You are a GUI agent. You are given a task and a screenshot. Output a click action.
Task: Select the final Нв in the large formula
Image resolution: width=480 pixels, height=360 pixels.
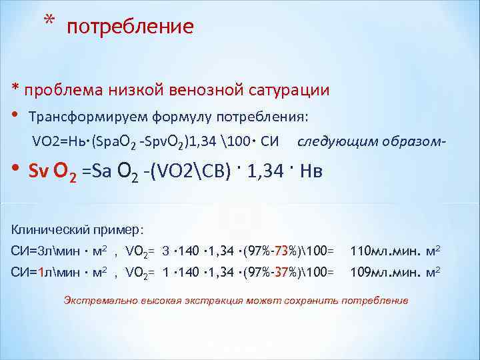pyautogui.click(x=312, y=171)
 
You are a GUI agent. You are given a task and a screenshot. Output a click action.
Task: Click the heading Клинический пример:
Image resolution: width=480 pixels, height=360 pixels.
pyautogui.click(x=77, y=229)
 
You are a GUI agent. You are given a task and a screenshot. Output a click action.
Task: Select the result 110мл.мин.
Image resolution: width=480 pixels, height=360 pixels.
pyautogui.click(x=385, y=251)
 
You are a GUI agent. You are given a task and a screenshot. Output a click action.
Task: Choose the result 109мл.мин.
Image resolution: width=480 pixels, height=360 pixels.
pyautogui.click(x=385, y=272)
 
